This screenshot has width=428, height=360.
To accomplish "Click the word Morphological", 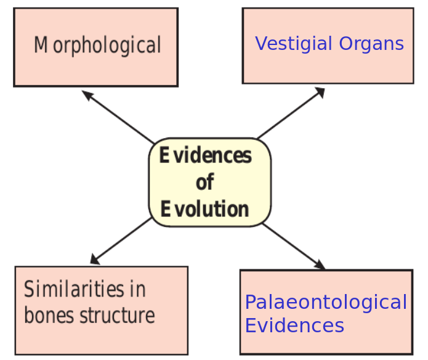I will point(97,46).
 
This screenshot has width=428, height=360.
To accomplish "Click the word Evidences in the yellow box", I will point(206,155).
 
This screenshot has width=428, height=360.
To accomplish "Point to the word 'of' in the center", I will point(205,182).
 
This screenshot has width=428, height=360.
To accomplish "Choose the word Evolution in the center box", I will point(205,209).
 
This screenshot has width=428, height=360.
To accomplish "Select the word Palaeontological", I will point(326,302).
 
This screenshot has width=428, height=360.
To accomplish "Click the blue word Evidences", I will point(294,325).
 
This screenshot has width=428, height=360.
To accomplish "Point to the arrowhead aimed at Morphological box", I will point(86,95).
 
